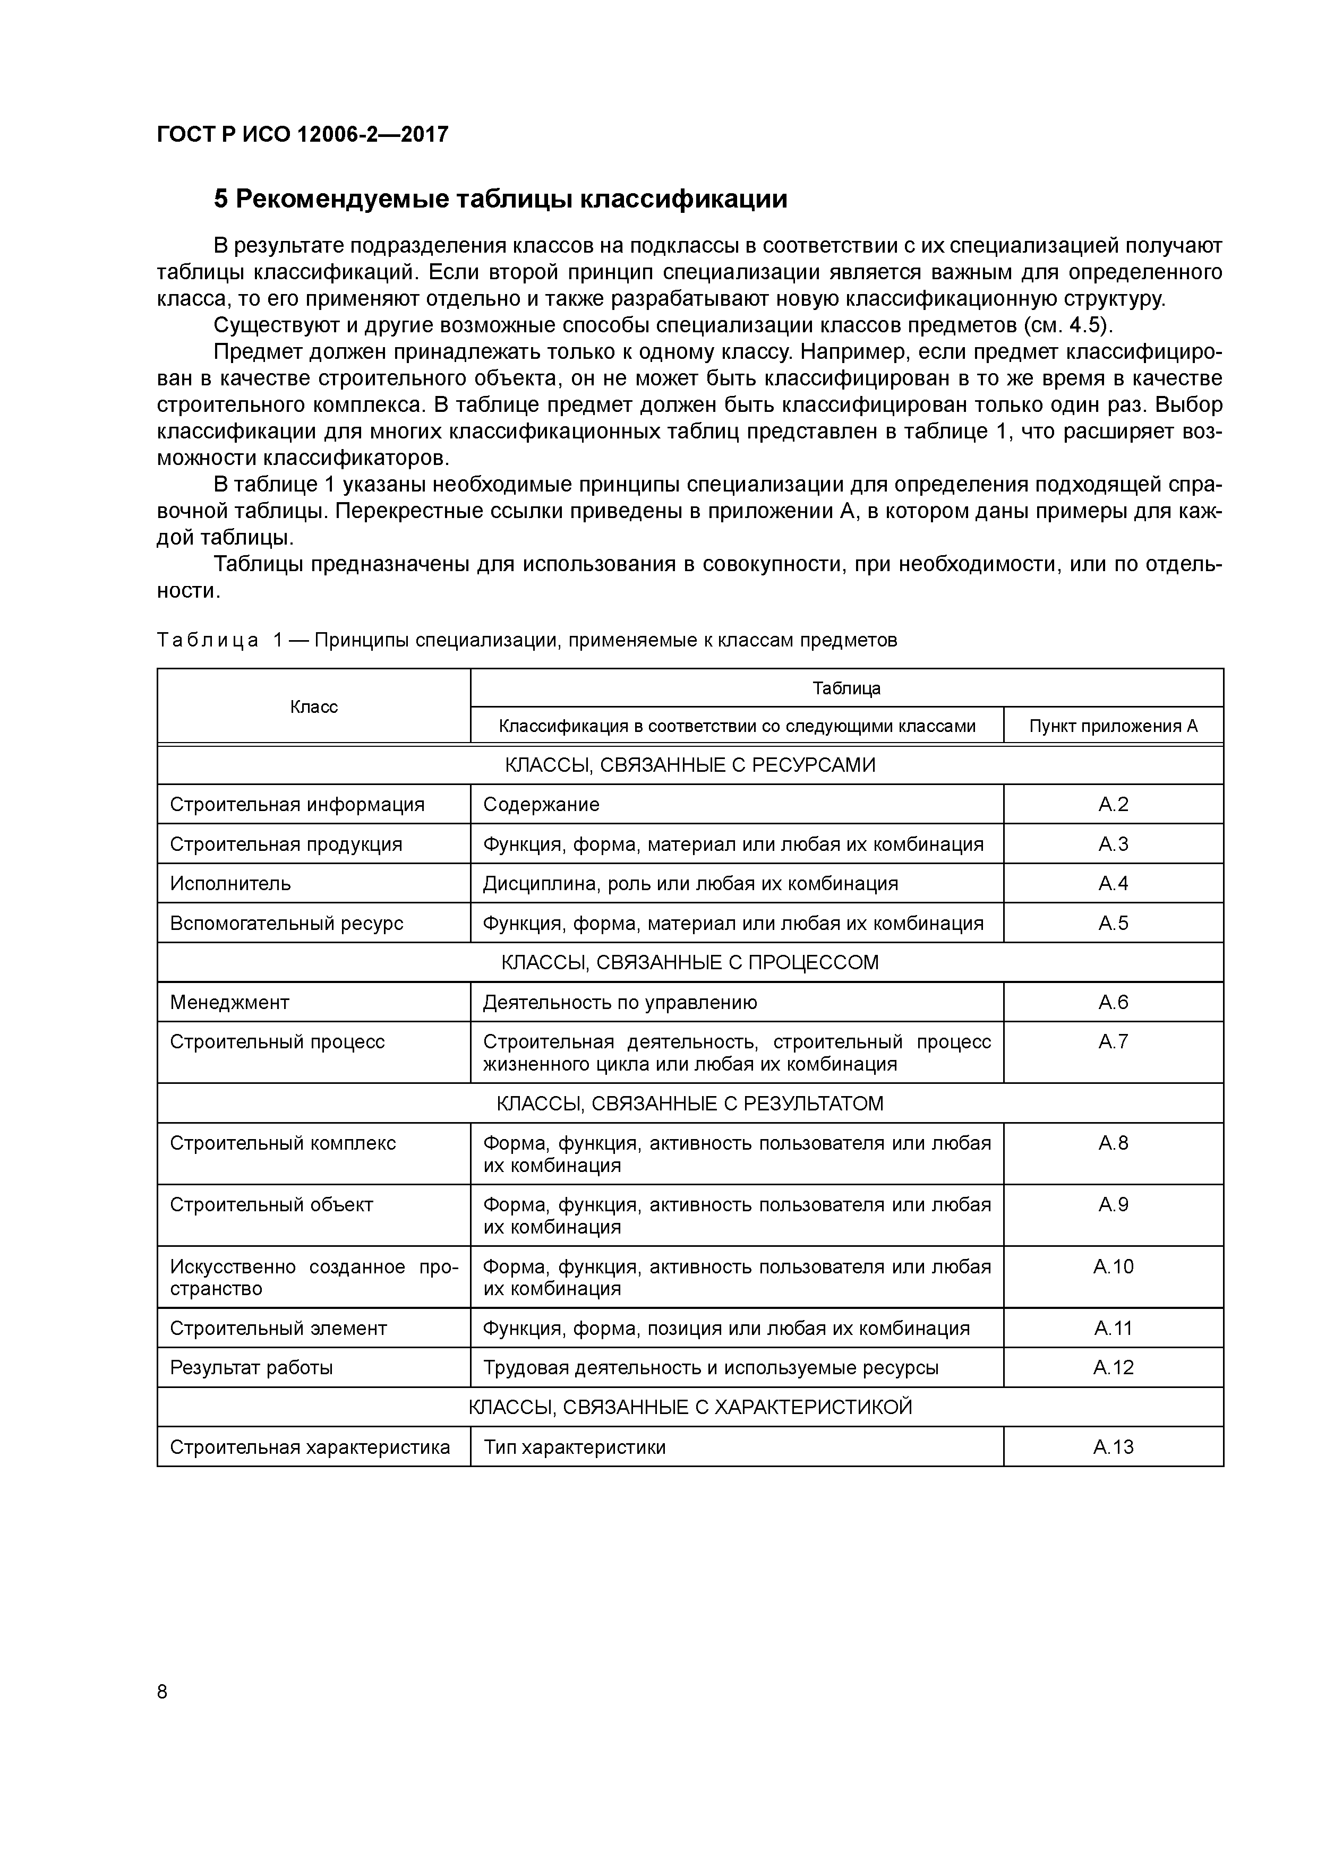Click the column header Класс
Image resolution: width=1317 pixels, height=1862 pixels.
(x=313, y=706)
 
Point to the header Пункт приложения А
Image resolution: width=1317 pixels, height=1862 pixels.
(x=1113, y=726)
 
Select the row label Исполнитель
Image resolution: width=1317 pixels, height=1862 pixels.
(x=230, y=883)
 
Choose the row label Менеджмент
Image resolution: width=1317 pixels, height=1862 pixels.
(x=229, y=1002)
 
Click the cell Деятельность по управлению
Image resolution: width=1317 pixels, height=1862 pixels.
(x=620, y=1002)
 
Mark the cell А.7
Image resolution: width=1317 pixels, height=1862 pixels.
(x=1113, y=1041)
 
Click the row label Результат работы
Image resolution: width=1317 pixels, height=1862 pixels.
(x=252, y=1367)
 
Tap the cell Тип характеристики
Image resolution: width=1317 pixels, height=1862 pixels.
(x=575, y=1447)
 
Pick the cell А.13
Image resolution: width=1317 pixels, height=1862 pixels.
(x=1113, y=1447)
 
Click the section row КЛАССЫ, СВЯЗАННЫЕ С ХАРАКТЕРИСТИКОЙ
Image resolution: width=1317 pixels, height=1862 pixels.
(x=690, y=1407)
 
